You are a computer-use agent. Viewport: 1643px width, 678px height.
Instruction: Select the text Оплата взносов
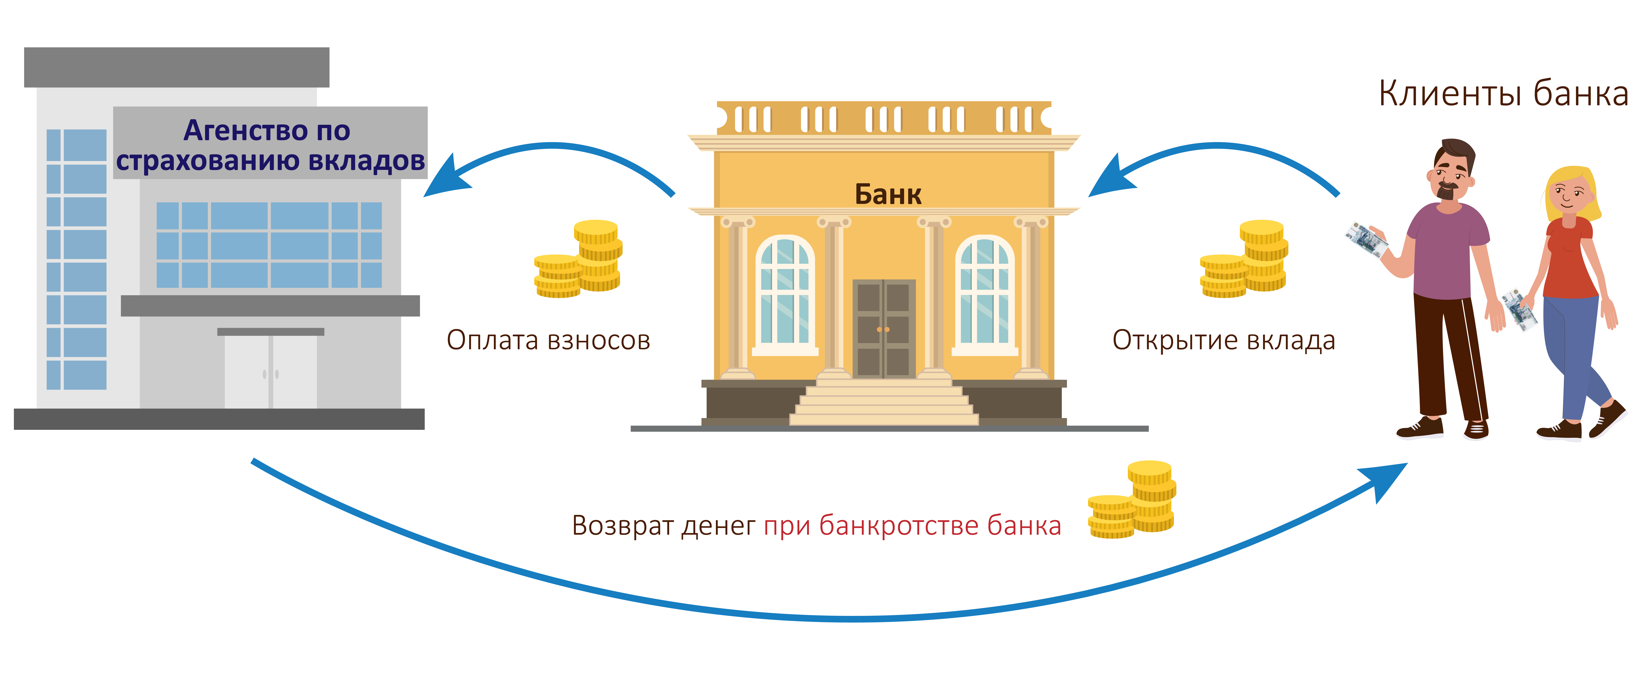click(548, 340)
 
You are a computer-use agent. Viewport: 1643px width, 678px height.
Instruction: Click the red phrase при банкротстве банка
click(912, 526)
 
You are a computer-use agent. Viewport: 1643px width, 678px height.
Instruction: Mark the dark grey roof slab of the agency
click(177, 67)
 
